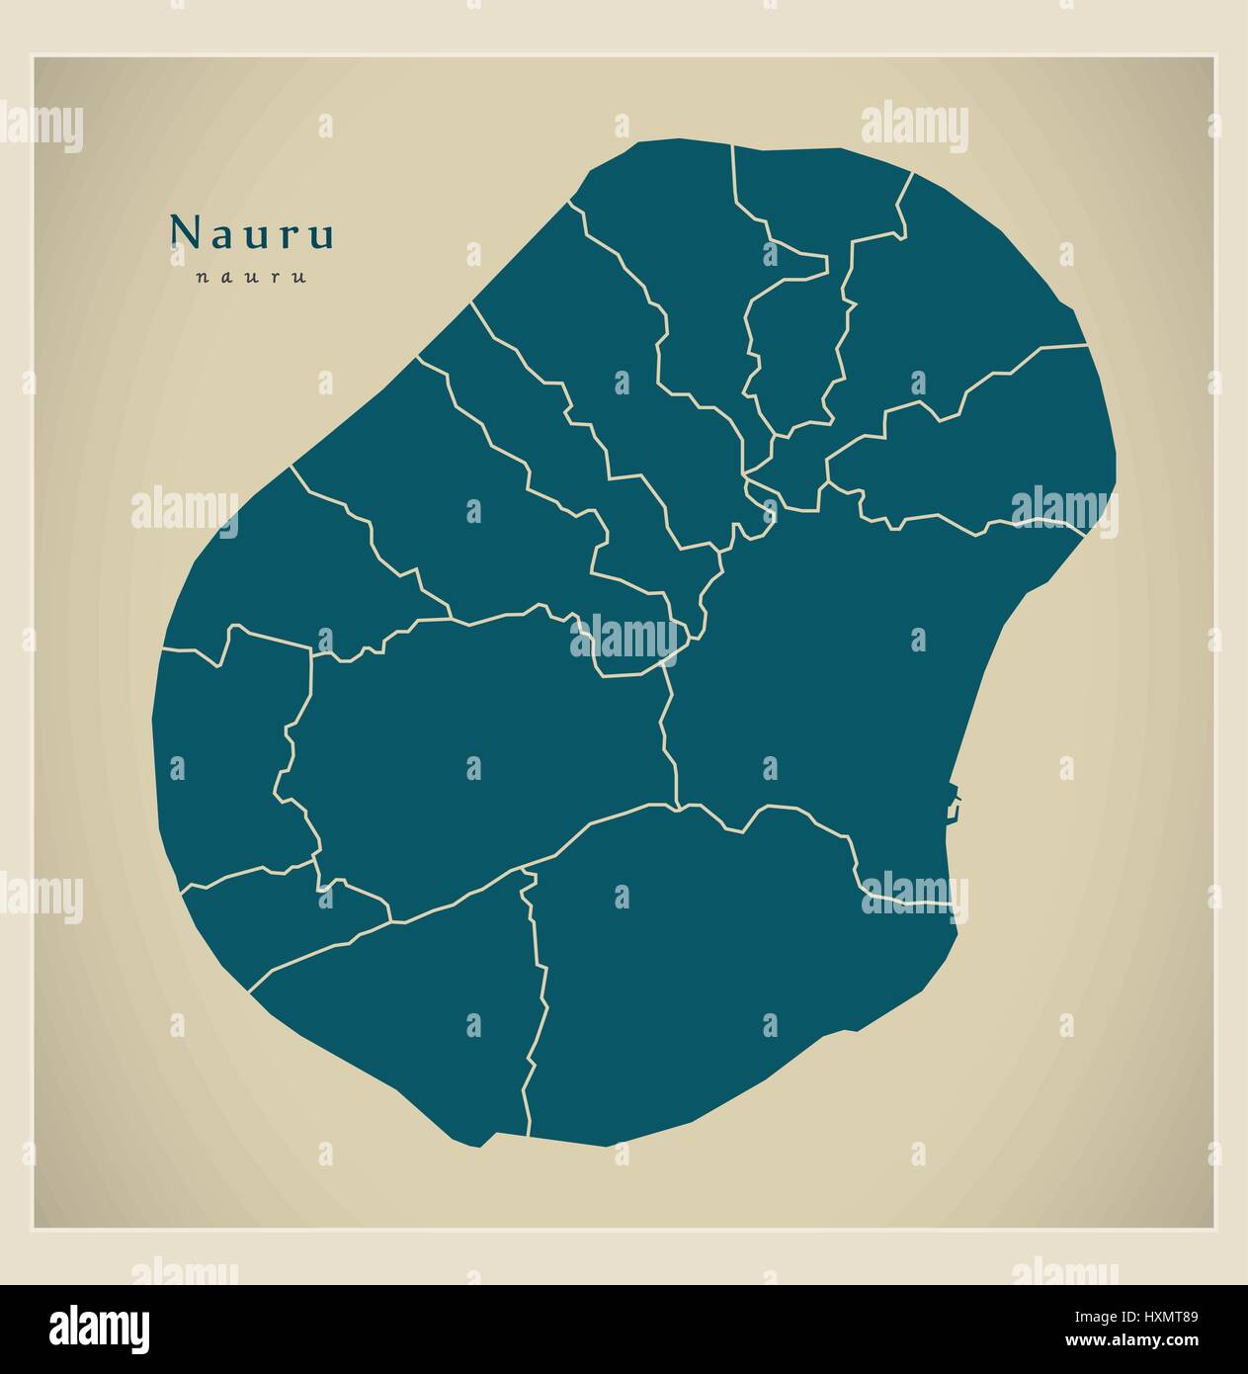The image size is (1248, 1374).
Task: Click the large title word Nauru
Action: coord(253,232)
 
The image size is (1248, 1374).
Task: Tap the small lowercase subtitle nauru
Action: coord(251,277)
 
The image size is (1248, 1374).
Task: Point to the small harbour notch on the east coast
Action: coord(952,803)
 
